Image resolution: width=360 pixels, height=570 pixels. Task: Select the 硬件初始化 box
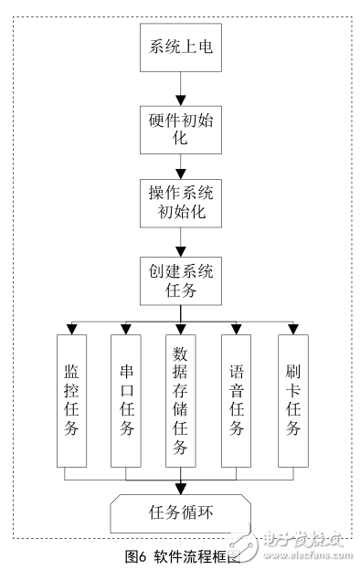[180, 129]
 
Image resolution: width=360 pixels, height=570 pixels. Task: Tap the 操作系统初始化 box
[180, 203]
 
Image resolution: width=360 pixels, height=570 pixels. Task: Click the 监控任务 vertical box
[70, 400]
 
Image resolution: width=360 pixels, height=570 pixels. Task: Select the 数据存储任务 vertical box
[180, 400]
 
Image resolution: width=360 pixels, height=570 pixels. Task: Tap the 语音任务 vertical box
[237, 400]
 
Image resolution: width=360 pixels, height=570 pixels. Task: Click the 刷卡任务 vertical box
[292, 400]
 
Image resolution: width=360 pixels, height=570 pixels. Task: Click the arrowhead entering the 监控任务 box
[70, 329]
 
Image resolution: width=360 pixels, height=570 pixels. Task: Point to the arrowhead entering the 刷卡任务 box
[292, 329]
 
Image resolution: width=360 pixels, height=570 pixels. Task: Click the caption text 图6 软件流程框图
[181, 555]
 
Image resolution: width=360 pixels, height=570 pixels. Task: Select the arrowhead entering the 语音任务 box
[237, 329]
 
